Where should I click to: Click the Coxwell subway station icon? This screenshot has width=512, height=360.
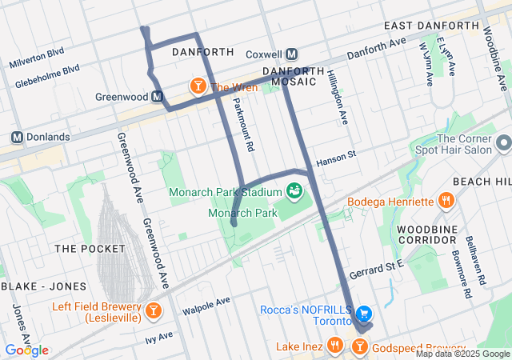(x=291, y=54)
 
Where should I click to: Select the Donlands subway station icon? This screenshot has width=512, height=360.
(x=16, y=137)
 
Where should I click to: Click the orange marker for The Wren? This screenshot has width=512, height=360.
(x=197, y=86)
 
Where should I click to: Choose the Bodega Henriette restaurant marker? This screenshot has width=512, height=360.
(x=446, y=200)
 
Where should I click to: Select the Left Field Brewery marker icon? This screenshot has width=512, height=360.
(x=153, y=310)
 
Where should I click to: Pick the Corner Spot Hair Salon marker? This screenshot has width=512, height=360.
(x=503, y=143)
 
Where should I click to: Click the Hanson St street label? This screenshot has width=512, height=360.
(x=335, y=162)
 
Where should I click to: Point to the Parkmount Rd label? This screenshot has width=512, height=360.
(x=243, y=124)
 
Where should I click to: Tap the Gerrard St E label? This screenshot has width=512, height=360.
(x=377, y=268)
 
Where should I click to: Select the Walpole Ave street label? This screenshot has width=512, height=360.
(x=206, y=304)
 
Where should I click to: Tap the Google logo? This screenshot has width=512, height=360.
(x=26, y=350)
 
